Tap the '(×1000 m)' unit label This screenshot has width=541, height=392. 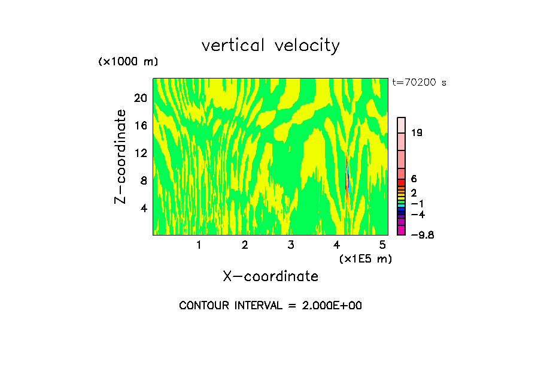click(128, 62)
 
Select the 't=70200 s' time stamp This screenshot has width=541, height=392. click(419, 83)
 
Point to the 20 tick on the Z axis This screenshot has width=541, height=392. click(141, 98)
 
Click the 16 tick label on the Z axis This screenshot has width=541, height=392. click(141, 125)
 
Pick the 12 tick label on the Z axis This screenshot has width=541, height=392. click(141, 153)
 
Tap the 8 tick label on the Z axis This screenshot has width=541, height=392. click(144, 180)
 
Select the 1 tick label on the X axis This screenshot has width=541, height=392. click(199, 245)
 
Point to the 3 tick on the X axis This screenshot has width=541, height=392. click(291, 245)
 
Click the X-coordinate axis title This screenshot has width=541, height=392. click(270, 276)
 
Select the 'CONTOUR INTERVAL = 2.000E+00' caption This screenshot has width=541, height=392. click(270, 306)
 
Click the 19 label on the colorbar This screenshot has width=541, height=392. click(417, 132)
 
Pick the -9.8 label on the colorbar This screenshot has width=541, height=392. click(422, 234)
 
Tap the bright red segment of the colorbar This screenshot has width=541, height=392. click(402, 183)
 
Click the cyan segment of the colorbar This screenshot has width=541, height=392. click(402, 206)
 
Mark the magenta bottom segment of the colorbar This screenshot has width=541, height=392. click(402, 231)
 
